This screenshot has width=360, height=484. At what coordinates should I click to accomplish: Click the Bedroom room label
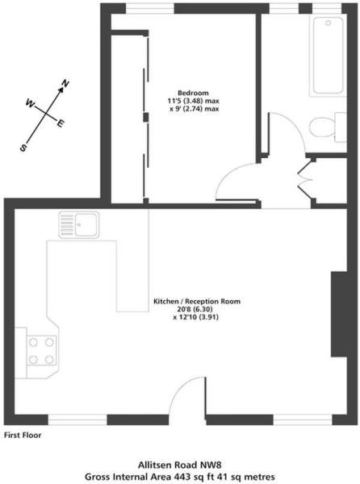(193, 93)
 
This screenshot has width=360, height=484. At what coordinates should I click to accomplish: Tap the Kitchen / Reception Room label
(197, 301)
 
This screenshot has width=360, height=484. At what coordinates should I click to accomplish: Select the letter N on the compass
(65, 83)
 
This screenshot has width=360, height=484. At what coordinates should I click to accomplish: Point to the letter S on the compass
(23, 148)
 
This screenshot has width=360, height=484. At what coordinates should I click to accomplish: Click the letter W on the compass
(30, 102)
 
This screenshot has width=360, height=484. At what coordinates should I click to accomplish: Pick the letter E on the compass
(61, 123)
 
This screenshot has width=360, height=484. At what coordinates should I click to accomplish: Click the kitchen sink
(79, 225)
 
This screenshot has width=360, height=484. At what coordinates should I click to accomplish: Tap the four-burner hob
(41, 351)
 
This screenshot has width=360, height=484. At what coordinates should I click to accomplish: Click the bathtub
(329, 55)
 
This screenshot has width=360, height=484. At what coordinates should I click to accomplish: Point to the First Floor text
(23, 436)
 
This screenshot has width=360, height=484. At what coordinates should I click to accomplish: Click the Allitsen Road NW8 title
(180, 465)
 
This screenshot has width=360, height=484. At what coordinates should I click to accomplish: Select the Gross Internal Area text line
(180, 477)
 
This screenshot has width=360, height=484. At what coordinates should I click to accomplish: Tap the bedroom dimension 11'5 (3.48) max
(193, 101)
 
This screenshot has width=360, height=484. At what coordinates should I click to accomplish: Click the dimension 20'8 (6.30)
(197, 309)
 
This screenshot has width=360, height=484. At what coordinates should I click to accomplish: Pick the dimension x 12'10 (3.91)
(196, 317)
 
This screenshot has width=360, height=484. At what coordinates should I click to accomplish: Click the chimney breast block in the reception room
(339, 315)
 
